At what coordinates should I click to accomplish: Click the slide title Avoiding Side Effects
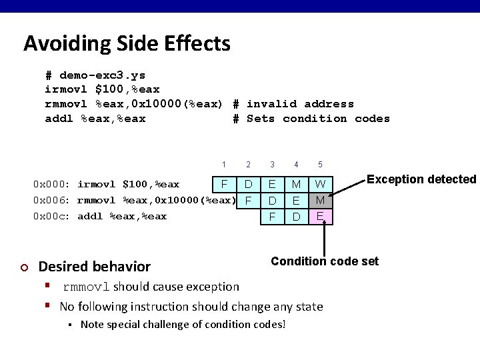pyautogui.click(x=127, y=44)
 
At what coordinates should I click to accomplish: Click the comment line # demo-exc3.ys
pyautogui.click(x=95, y=75)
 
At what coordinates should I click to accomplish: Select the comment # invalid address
pyautogui.click(x=293, y=104)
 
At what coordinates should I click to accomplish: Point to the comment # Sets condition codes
pyautogui.click(x=311, y=119)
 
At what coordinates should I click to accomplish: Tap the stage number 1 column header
pyautogui.click(x=224, y=164)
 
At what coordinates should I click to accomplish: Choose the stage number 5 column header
pyautogui.click(x=320, y=164)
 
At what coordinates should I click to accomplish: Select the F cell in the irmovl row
pyautogui.click(x=224, y=183)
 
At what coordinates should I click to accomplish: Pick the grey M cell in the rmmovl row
pyautogui.click(x=320, y=200)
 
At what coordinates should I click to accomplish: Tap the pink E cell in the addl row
pyautogui.click(x=320, y=216)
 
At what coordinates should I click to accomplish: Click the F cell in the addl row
pyautogui.click(x=272, y=217)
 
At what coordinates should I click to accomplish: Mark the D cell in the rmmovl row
pyautogui.click(x=272, y=200)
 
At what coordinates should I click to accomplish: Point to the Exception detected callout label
pyautogui.click(x=421, y=179)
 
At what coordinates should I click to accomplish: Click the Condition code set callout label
pyautogui.click(x=324, y=261)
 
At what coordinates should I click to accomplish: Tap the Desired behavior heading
pyautogui.click(x=95, y=267)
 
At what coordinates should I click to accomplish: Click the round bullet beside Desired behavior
pyautogui.click(x=25, y=267)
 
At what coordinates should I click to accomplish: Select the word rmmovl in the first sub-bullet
pyautogui.click(x=87, y=287)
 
